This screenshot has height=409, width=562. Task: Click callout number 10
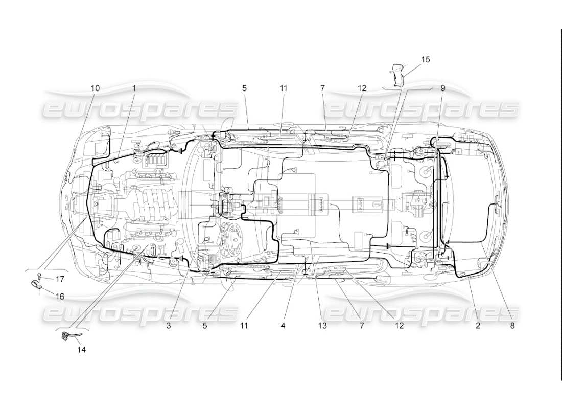coord(95,88)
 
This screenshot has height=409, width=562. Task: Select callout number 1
coord(134,88)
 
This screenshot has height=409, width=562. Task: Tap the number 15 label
coord(425,60)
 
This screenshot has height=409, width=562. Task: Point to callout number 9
coord(442,88)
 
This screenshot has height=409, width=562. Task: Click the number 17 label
coord(60,279)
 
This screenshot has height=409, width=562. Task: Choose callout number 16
coord(60,296)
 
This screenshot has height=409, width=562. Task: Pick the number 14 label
coord(81,350)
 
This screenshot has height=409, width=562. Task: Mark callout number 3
coord(168,325)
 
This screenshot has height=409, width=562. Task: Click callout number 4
coord(283,325)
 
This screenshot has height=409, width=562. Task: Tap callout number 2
coord(478,325)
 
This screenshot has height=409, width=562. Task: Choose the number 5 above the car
coord(244,88)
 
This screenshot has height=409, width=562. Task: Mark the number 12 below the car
coord(399,325)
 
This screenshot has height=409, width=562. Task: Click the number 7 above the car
coord(322,88)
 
